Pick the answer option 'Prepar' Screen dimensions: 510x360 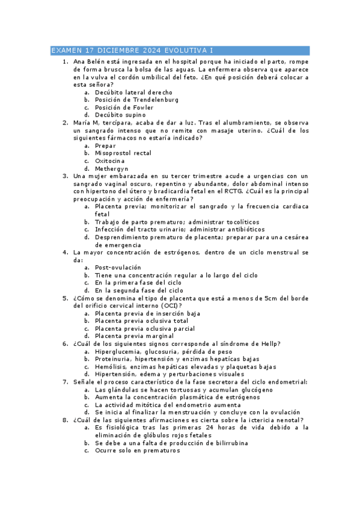[105, 146]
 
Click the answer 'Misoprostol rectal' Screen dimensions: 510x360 [123, 153]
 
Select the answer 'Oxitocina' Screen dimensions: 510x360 [110, 161]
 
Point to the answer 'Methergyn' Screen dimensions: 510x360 [112, 168]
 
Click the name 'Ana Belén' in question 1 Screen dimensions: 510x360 [88, 61]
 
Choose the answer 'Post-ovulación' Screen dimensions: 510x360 [118, 267]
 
